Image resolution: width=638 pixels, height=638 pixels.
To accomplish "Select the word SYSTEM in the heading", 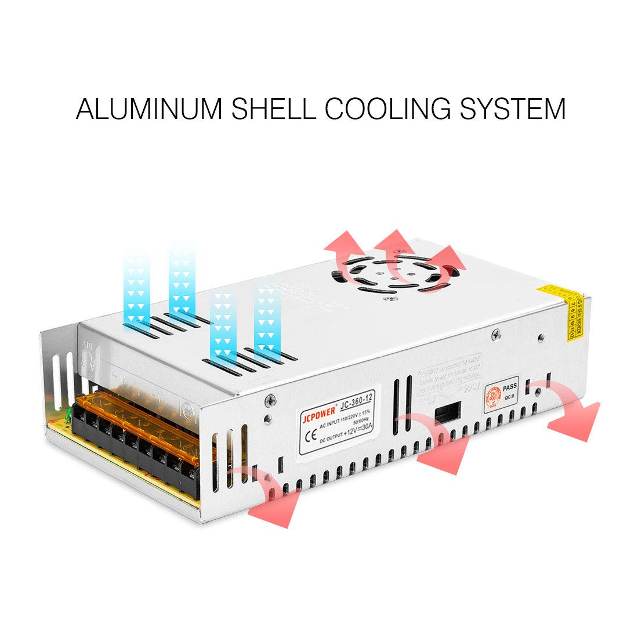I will tap(513, 108).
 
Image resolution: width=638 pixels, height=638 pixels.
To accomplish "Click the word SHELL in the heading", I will tap(272, 108).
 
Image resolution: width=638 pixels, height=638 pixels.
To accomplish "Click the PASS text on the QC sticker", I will tap(510, 387).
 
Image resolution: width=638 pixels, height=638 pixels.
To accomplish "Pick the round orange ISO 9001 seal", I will tap(495, 398).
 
